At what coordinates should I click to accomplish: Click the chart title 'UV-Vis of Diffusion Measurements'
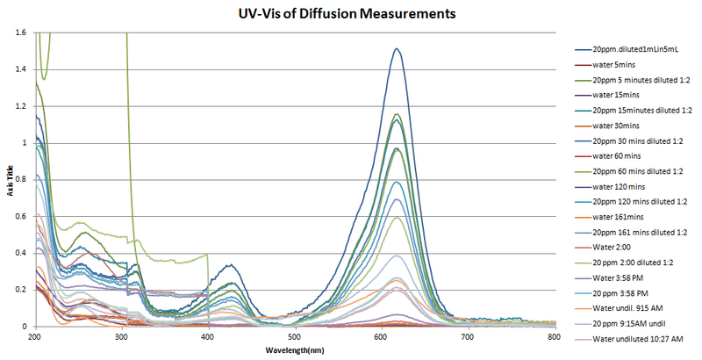coord(351,14)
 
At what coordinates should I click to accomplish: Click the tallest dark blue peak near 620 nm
coord(397,49)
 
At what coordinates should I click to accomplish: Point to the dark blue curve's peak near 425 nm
coord(228,265)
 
